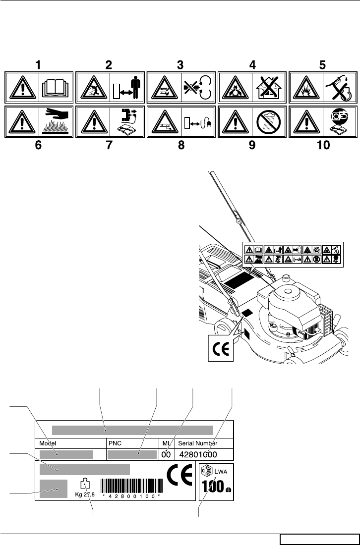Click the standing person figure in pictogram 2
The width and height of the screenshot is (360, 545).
tap(134, 87)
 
